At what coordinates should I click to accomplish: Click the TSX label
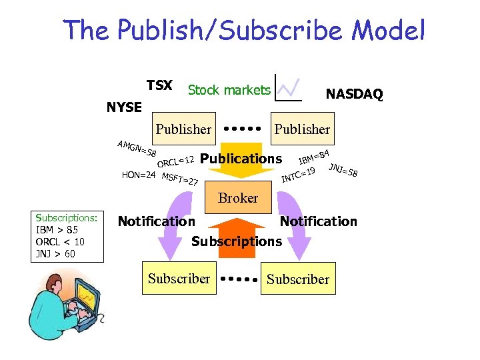coord(159,86)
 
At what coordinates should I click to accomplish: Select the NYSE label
coord(124,107)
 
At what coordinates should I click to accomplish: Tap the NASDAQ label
coord(354,95)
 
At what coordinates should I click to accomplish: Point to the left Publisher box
coord(183,129)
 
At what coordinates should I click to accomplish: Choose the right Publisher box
coord(302,129)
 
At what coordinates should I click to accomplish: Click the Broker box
coord(238,198)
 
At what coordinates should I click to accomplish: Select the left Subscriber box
coord(179,279)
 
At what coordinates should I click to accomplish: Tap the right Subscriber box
coord(298,279)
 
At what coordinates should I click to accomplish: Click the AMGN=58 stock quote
coord(136,149)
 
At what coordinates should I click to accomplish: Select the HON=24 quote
coord(139,175)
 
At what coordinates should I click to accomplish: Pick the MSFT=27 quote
coord(180,179)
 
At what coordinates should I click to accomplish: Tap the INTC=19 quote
coord(298,175)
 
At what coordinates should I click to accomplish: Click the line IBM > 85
coord(57,230)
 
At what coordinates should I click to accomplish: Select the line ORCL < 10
coord(60,241)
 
